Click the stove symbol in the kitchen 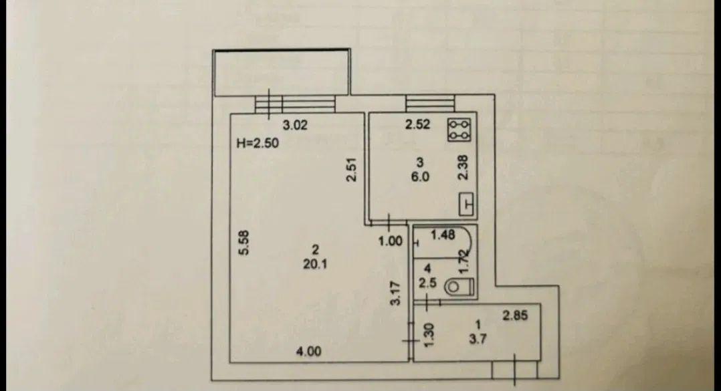[x=460, y=130]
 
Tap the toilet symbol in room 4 [x=459, y=287]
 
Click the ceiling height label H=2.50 [x=257, y=143]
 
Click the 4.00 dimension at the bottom [x=308, y=352]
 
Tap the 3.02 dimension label [x=295, y=125]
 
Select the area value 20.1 [x=315, y=264]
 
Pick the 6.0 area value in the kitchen [x=420, y=176]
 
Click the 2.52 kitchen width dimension [x=417, y=124]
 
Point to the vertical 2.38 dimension [x=463, y=167]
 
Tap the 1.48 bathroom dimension [x=442, y=235]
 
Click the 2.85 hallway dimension [x=515, y=315]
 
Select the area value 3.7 [x=478, y=339]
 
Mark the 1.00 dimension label [x=391, y=241]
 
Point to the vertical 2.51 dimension [x=351, y=170]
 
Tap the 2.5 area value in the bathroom [x=427, y=283]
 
